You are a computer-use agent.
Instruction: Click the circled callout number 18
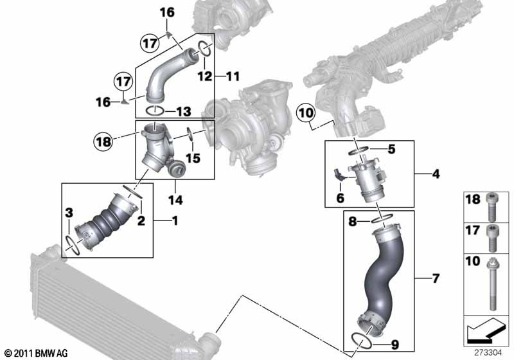pyautogui.click(x=103, y=142)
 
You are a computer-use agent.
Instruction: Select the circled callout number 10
pyautogui.click(x=306, y=113)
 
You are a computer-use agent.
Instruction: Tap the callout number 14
pyautogui.click(x=175, y=200)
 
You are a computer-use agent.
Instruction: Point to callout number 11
pyautogui.click(x=233, y=76)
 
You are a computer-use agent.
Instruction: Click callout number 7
pyautogui.click(x=436, y=278)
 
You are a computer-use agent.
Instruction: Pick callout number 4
pyautogui.click(x=436, y=174)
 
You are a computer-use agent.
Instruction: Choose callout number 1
pyautogui.click(x=175, y=221)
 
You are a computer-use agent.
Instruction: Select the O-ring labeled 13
pyautogui.click(x=155, y=111)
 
